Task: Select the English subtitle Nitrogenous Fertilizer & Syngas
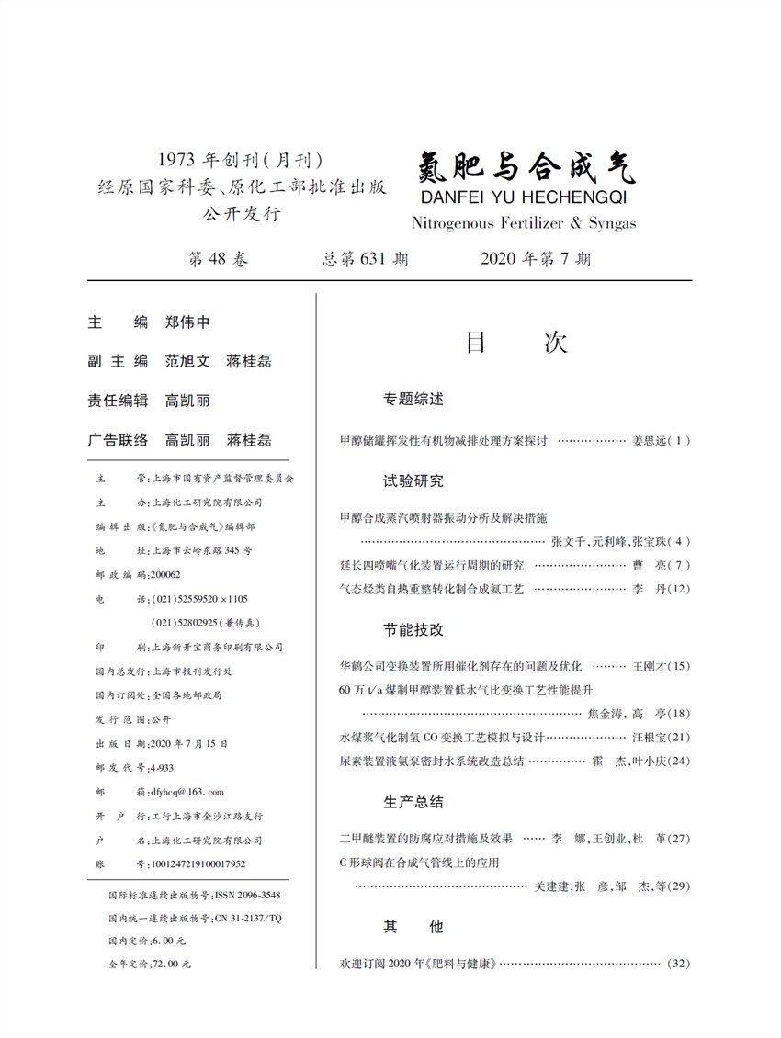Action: click(524, 223)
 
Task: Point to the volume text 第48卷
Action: click(218, 259)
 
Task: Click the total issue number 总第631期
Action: click(366, 259)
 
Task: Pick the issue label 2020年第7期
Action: click(536, 259)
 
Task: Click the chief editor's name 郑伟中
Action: click(187, 322)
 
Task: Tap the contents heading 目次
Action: click(516, 343)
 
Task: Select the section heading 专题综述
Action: click(413, 400)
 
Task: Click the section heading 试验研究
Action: click(413, 480)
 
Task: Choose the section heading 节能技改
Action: click(413, 629)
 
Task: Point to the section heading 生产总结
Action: click(413, 802)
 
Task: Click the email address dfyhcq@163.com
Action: click(180, 791)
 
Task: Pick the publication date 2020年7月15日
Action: click(188, 743)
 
